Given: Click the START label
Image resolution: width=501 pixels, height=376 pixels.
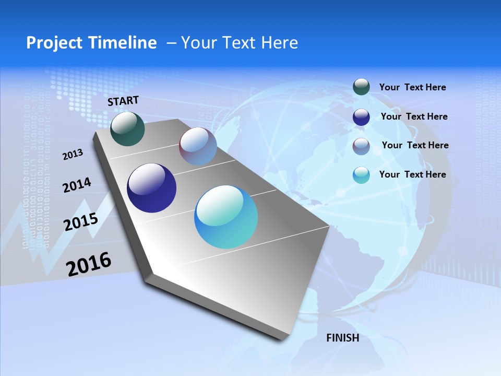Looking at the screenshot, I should (123, 101).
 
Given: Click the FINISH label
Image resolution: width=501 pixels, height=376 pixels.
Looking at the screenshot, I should (342, 338).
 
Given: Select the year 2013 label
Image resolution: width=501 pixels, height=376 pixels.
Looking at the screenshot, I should (73, 155).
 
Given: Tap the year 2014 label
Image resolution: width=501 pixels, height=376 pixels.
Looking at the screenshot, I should (77, 185).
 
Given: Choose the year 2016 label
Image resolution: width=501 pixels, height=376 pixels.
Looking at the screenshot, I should (89, 264).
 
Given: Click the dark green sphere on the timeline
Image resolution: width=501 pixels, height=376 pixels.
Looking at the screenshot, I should (127, 129).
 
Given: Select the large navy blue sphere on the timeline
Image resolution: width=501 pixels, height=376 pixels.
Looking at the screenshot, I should (151, 188).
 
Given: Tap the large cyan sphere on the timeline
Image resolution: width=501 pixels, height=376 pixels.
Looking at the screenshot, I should (226, 217).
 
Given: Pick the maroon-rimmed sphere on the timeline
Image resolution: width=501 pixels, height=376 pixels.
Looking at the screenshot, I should (198, 146).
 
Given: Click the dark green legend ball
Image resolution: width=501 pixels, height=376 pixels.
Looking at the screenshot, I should (361, 87).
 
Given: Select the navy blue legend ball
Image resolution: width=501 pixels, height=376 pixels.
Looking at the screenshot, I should (361, 117).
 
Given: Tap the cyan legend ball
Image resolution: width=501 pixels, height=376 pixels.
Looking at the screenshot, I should (361, 175).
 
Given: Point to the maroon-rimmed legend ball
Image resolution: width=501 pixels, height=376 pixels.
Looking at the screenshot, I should (361, 146).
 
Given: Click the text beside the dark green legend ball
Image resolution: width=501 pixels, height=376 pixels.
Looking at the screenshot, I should (412, 87).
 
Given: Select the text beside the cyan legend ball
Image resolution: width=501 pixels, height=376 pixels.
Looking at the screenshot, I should (412, 174).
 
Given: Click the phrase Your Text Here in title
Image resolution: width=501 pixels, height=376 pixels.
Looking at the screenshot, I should (239, 43).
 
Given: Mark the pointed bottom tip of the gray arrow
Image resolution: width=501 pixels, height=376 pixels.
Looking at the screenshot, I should (284, 339).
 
